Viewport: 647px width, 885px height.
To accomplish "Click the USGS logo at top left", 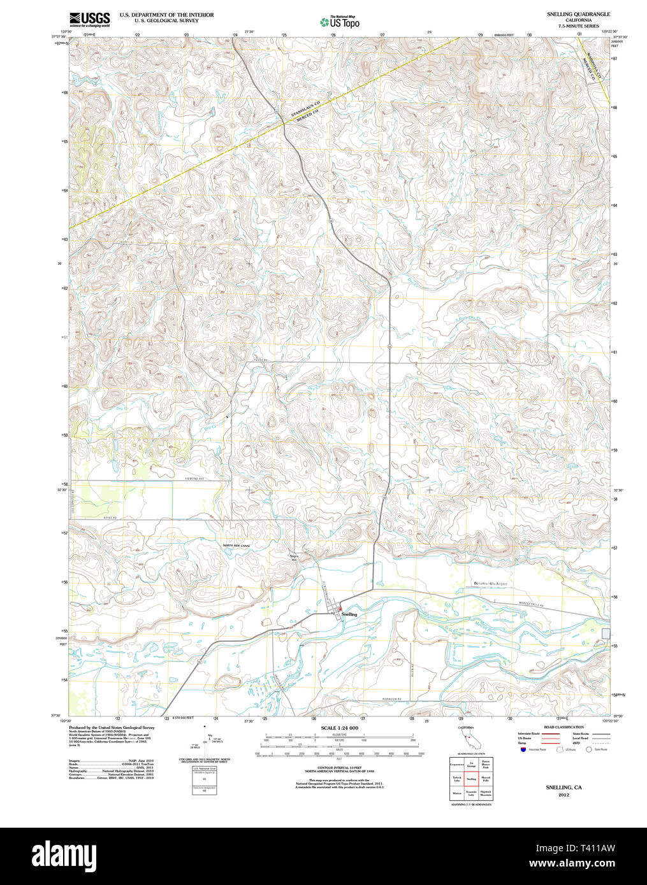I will (89, 18).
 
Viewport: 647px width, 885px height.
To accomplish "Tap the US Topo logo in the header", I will (340, 22).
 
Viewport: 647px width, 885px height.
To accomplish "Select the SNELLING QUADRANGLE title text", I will (578, 14).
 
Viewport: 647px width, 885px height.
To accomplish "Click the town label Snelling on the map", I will (349, 614).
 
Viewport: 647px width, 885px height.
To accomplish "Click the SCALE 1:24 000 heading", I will (340, 728).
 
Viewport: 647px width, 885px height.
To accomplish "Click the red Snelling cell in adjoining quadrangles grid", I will (471, 779).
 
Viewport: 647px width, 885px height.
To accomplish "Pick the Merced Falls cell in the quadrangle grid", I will (486, 779).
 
